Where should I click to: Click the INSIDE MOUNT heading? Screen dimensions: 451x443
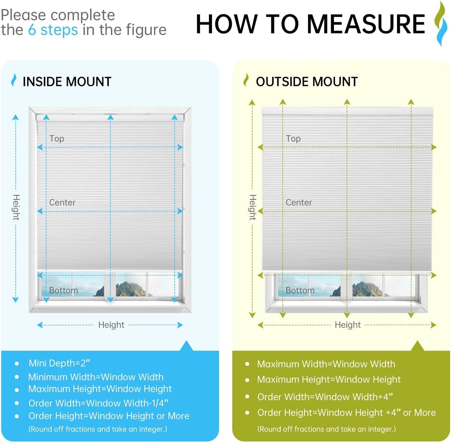[67, 82]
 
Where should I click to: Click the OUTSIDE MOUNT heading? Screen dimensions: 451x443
[307, 82]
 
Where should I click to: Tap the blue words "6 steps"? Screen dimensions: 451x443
[53, 30]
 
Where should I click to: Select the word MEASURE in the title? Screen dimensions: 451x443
[366, 24]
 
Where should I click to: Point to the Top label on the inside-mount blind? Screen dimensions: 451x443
[57, 139]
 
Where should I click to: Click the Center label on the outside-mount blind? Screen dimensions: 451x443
[299, 202]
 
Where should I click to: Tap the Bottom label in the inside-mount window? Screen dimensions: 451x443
[63, 291]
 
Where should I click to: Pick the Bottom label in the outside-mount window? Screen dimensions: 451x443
[300, 291]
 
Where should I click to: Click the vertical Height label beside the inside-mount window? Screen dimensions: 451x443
[16, 207]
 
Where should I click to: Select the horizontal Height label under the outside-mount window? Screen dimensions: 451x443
[348, 325]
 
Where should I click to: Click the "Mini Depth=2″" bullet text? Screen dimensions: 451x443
[59, 363]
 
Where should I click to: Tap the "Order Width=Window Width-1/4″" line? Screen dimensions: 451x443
[99, 403]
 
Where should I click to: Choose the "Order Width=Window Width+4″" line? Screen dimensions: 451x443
[325, 397]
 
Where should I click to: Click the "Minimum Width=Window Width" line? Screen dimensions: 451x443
[96, 377]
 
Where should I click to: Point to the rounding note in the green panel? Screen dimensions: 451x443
[327, 429]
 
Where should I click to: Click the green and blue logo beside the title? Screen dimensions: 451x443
[440, 23]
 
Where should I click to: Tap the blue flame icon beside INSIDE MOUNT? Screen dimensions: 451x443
[14, 80]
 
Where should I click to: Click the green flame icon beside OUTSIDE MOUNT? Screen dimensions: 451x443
[246, 80]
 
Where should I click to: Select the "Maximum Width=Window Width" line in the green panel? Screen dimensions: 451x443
[326, 364]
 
